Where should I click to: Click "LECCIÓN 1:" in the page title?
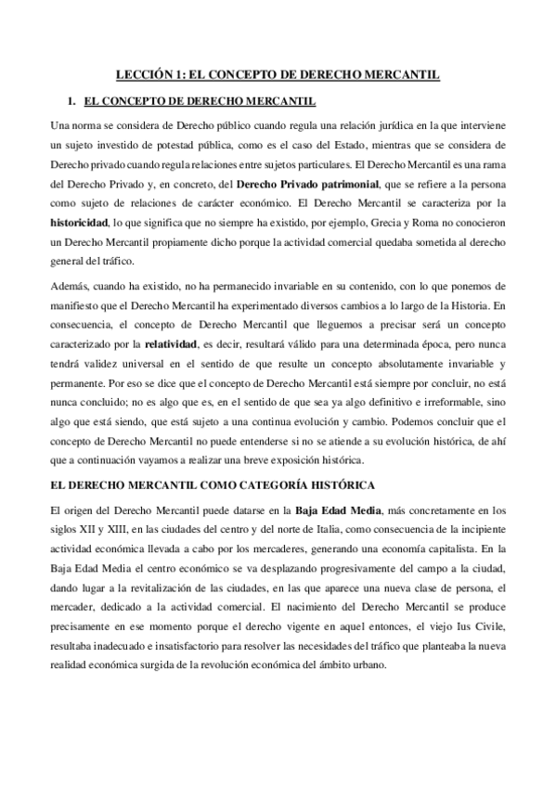tap(152, 73)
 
